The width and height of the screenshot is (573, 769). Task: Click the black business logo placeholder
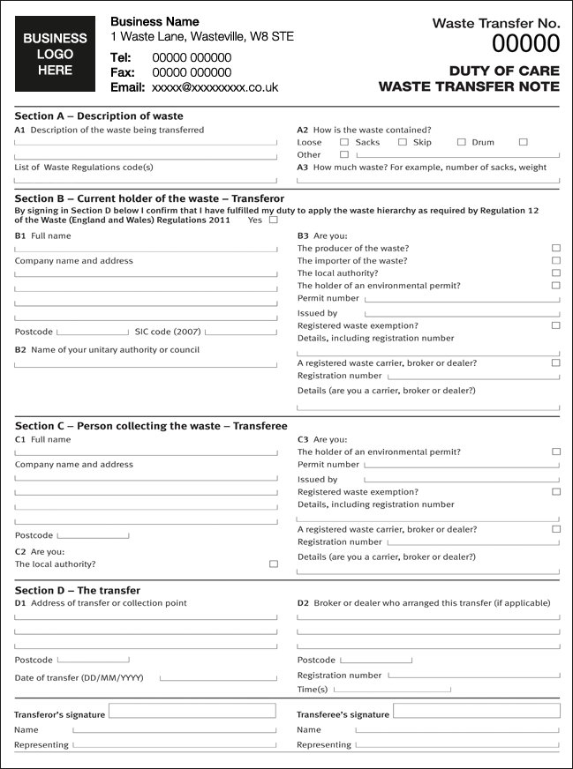pos(55,54)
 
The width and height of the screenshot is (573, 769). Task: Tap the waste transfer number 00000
pos(525,44)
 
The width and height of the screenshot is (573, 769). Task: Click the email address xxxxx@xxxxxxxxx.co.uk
pos(215,87)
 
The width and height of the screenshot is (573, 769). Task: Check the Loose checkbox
pos(344,142)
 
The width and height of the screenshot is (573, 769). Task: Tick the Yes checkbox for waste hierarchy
pos(273,220)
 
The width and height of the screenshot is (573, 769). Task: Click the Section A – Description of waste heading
pos(99,116)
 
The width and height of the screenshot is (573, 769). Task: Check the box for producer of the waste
pos(555,249)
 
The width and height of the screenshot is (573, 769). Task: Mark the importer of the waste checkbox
pos(555,261)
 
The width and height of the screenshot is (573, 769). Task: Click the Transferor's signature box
pos(192,711)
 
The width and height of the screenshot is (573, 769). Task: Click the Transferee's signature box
pos(476,711)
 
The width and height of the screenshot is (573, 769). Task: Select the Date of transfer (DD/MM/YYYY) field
pos(218,678)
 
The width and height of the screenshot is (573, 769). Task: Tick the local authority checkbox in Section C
pos(273,564)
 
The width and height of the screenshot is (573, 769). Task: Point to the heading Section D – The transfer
pos(78,590)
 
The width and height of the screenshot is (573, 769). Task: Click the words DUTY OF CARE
pos(504,71)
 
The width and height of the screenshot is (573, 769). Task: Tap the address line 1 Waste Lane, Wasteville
pos(202,37)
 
